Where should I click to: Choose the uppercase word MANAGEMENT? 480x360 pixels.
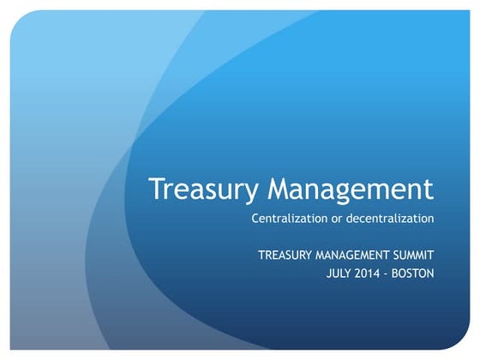pos(353,255)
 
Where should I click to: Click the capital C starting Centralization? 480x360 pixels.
pos(255,219)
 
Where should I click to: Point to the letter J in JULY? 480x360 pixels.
pos(330,273)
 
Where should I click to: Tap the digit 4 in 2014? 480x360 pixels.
pos(382,273)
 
